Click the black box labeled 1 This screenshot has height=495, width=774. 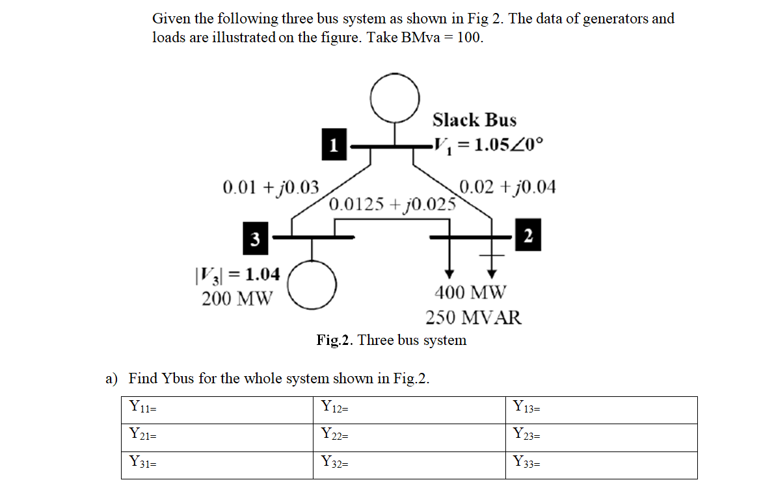(334, 145)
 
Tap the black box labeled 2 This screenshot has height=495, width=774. (527, 236)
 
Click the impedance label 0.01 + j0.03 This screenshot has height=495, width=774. (271, 188)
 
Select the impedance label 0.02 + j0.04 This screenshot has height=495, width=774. (507, 187)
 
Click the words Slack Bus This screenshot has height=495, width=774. (474, 120)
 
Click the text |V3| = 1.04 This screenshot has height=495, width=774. (237, 275)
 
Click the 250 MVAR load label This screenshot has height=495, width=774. (474, 318)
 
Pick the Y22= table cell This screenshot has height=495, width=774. (410, 437)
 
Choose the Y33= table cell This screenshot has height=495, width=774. (601, 465)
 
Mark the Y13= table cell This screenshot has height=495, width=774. (601, 410)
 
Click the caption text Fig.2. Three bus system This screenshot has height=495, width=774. (392, 340)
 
